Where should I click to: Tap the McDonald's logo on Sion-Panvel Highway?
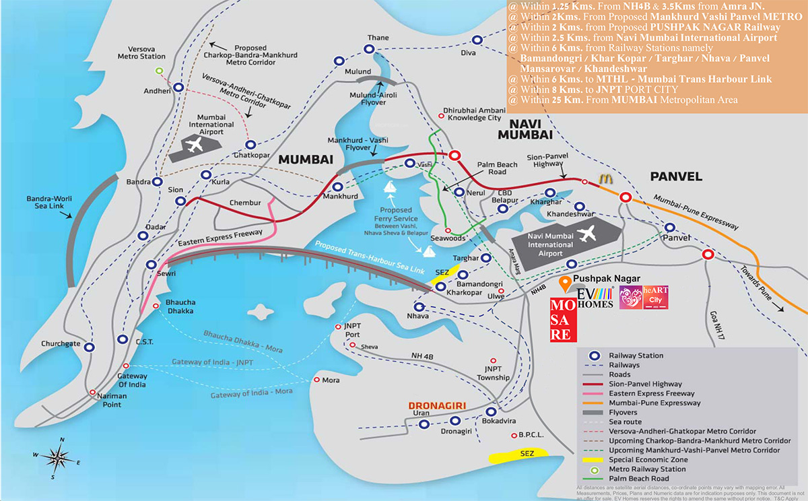coord(604,180)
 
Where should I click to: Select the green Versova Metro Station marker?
coord(160,71)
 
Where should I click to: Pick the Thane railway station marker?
coord(369,49)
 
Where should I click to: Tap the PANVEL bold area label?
coord(676,176)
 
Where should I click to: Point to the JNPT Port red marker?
coord(339,327)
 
